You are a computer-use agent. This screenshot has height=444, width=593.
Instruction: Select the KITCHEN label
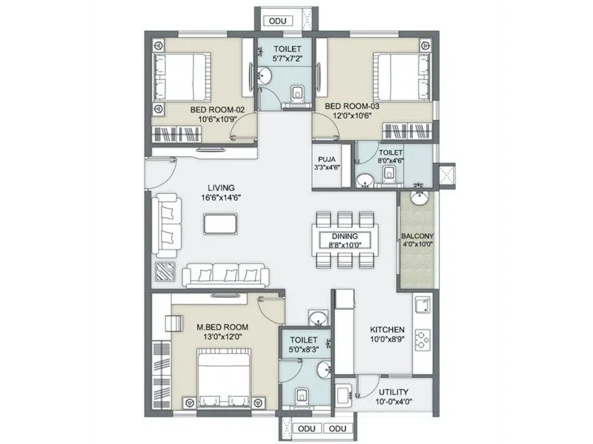pyautogui.click(x=387, y=329)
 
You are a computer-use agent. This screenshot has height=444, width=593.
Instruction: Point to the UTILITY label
pyautogui.click(x=393, y=391)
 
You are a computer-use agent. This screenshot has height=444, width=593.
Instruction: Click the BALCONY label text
pyautogui.click(x=417, y=238)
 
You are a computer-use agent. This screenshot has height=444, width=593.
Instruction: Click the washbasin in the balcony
pyautogui.click(x=419, y=198)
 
